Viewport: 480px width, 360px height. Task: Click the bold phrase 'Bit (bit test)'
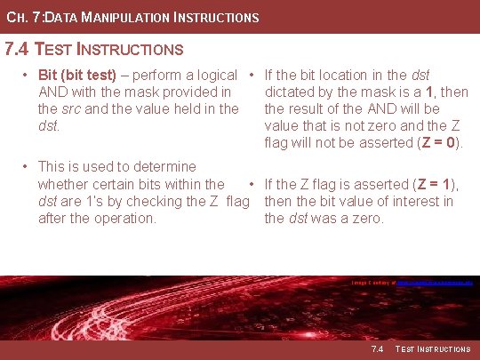(78, 76)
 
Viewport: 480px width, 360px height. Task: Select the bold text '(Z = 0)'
(442, 143)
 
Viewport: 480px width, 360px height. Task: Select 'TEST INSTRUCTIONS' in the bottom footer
(433, 349)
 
